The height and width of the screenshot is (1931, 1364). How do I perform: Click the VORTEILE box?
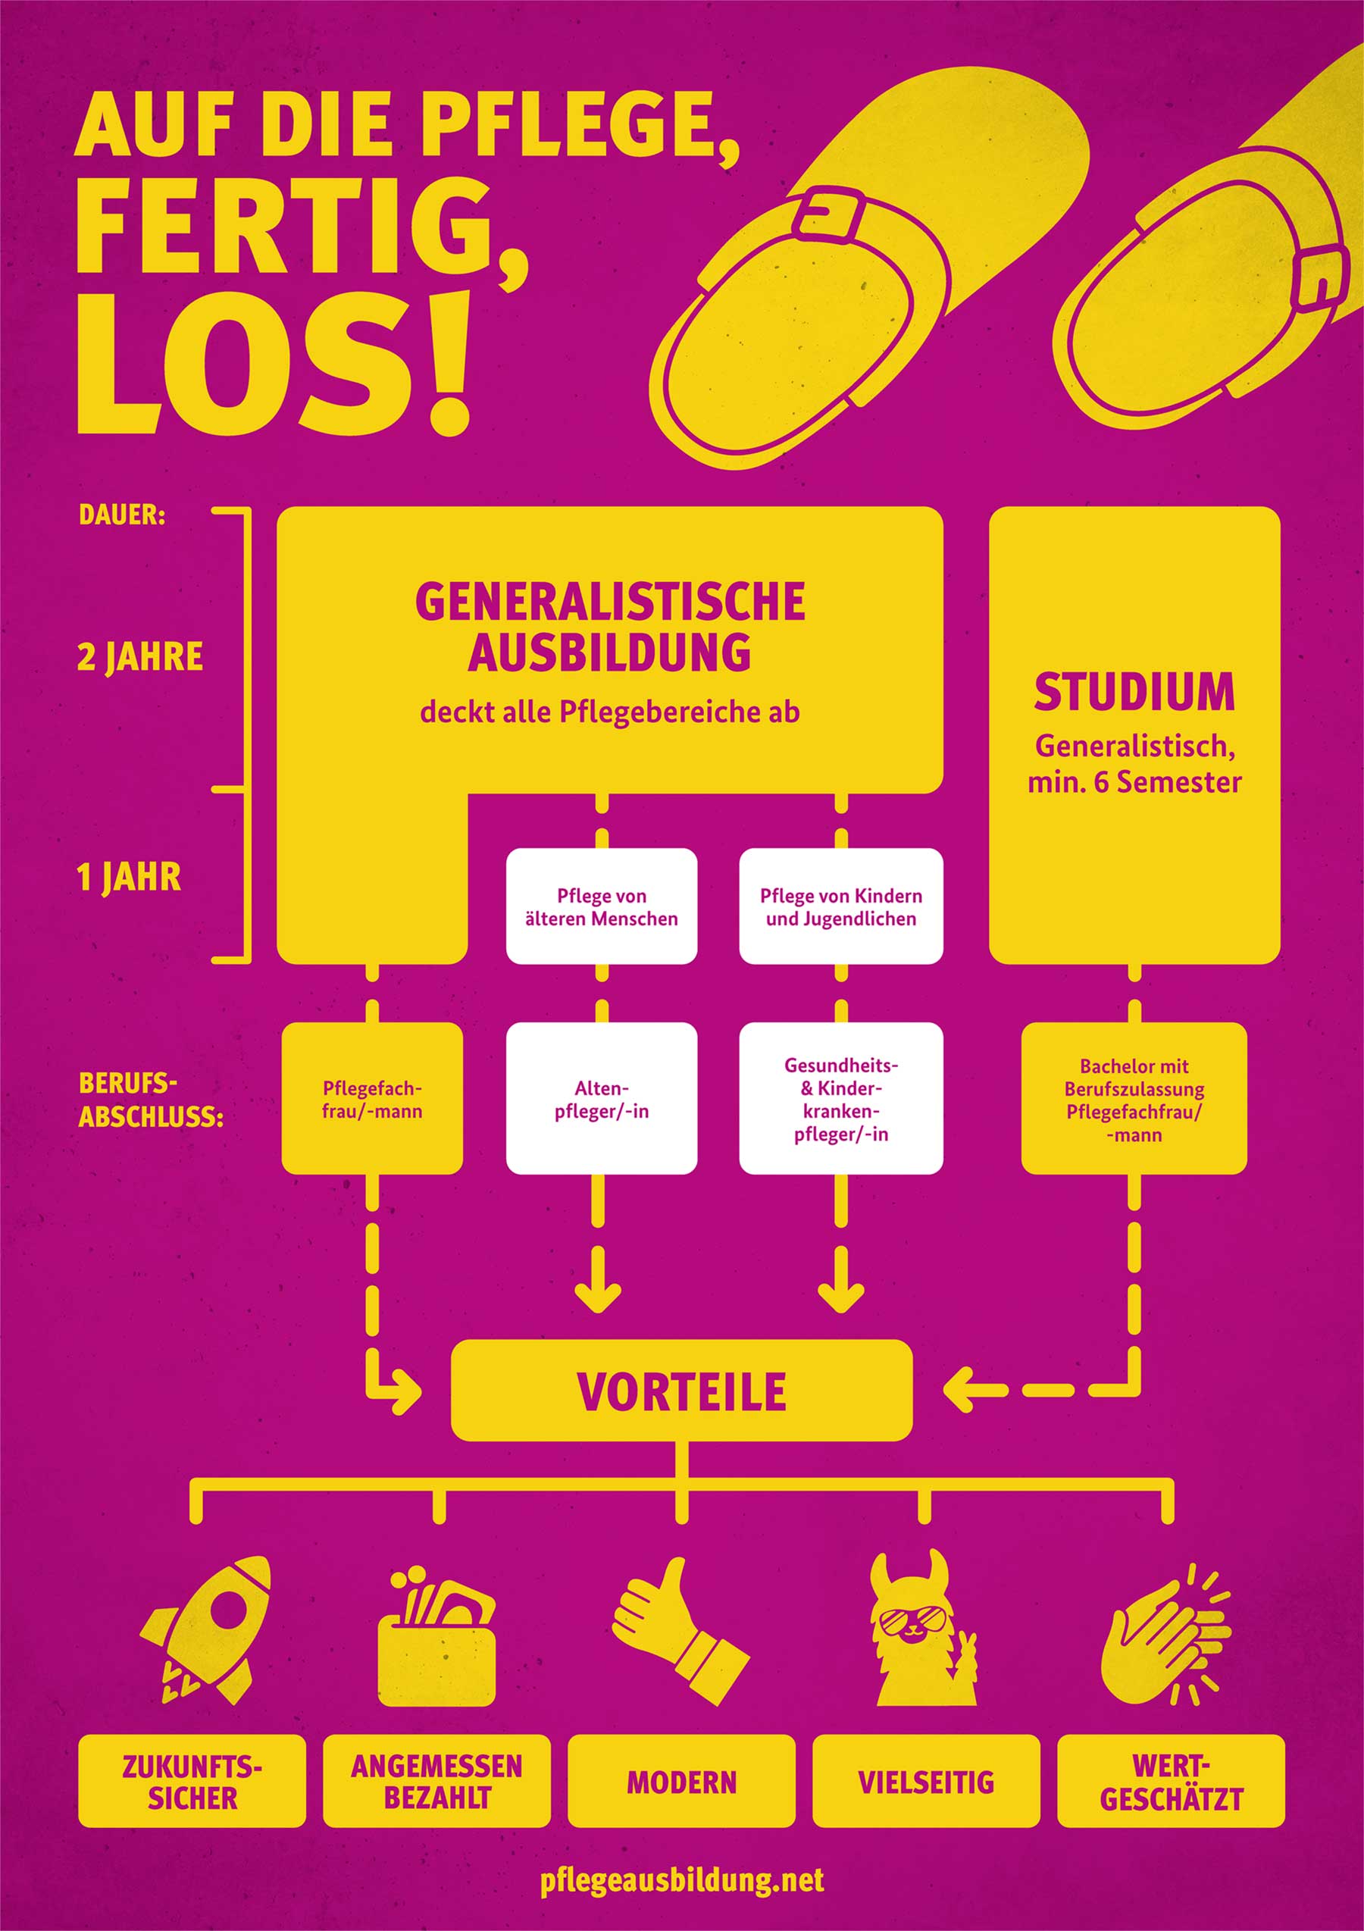coord(681,1391)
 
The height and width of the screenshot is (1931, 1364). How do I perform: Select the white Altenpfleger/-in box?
coord(601,1098)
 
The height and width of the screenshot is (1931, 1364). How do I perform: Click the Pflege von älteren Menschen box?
coord(601,906)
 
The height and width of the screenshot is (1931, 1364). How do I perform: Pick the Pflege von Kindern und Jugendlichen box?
coord(841,906)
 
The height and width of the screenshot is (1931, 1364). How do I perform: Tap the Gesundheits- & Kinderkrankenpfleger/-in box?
coord(841,1098)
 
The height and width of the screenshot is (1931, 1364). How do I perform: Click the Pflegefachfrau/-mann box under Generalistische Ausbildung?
coord(372,1098)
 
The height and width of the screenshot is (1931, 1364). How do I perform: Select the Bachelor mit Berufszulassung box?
coord(1134,1098)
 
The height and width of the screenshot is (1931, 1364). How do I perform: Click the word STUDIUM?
coord(1134,691)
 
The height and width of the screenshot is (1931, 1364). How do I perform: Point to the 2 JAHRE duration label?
coord(140,657)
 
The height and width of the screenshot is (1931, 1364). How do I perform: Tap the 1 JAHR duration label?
coord(129,877)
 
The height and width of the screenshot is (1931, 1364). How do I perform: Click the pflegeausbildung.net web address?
coord(682,1879)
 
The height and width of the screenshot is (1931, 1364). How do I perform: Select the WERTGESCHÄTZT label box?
coord(1171,1781)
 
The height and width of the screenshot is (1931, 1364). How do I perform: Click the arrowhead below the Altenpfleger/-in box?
coord(598,1297)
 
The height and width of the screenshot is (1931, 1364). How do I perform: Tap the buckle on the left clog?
coord(829,214)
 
